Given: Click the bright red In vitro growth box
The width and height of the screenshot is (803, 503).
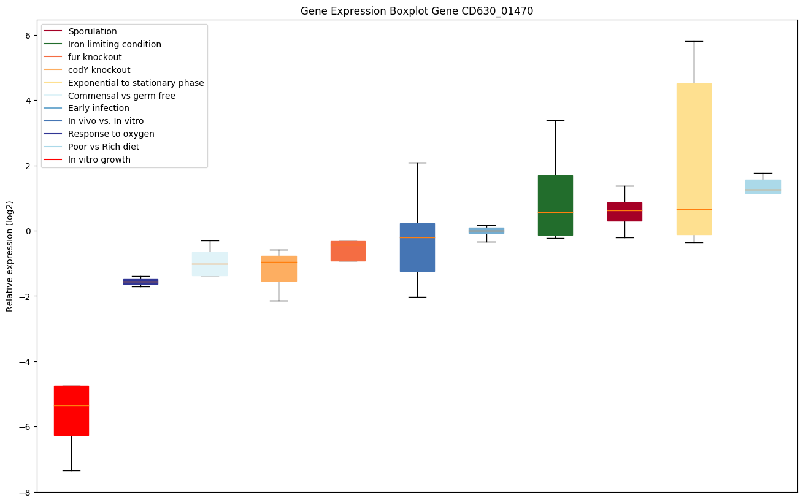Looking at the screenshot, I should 71,410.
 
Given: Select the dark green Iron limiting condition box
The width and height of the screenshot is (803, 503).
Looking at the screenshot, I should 555,205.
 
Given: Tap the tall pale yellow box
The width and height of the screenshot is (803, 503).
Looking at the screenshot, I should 694,159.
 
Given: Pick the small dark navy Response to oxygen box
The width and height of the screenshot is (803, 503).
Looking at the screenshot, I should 140,282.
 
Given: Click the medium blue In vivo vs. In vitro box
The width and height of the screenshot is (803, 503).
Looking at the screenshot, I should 417,247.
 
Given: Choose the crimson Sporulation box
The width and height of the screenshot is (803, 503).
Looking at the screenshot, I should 624,212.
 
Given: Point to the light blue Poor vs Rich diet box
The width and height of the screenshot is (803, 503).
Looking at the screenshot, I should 763,186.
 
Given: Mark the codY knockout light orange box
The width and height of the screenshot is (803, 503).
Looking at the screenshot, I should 279,268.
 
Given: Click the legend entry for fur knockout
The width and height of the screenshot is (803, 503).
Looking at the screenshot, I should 94,57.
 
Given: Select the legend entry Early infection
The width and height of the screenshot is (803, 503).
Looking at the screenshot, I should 98,109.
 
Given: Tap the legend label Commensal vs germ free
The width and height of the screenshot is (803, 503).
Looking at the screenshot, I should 121,96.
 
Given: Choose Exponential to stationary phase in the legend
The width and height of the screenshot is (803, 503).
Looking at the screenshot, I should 136,83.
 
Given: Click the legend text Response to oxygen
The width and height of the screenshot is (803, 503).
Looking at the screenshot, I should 111,134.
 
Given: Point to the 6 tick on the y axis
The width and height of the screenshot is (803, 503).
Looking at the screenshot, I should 27,35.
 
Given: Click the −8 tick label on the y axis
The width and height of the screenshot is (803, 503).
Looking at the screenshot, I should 25,492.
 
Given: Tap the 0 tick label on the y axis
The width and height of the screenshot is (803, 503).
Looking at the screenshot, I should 27,231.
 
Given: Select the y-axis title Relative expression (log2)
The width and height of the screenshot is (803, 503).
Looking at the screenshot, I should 10,256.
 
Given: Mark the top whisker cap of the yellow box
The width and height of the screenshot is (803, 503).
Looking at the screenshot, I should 694,41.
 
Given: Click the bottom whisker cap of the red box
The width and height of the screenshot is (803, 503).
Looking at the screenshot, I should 71,470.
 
